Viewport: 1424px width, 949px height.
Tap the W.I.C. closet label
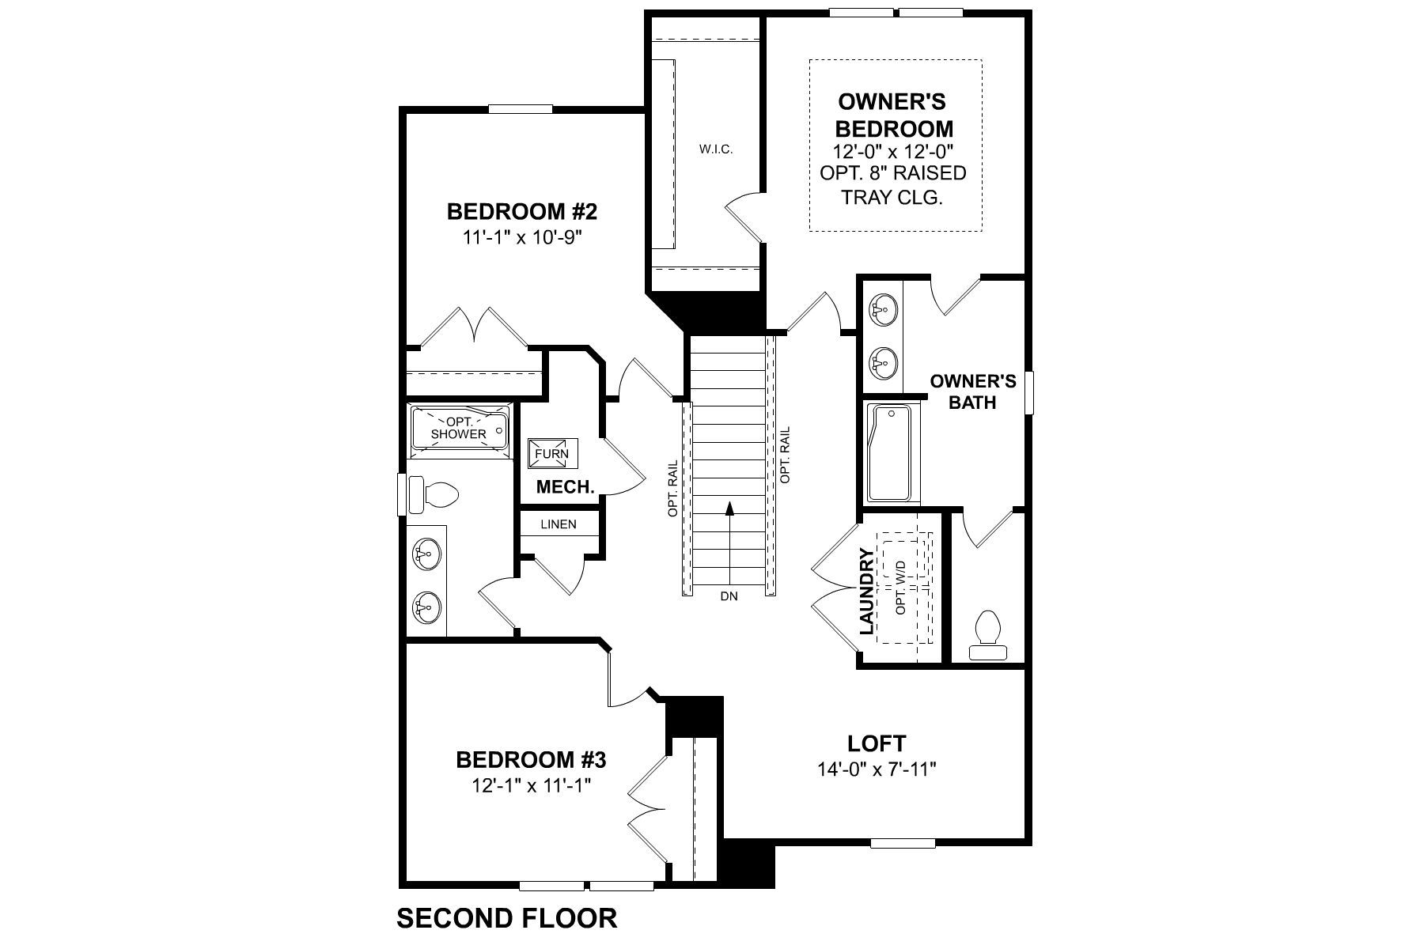716,149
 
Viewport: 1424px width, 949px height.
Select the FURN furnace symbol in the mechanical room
552,454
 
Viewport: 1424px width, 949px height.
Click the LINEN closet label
559,524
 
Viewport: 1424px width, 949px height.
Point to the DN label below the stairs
729,596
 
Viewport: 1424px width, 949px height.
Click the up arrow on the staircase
729,509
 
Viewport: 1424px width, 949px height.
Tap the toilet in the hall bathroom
434,494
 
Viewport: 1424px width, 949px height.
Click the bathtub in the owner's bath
890,453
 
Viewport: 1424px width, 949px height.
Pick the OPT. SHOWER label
459,429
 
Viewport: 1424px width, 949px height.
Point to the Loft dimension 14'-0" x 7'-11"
877,769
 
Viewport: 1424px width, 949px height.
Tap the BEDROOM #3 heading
531,760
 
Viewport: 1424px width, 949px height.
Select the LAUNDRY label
868,591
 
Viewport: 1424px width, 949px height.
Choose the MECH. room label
566,487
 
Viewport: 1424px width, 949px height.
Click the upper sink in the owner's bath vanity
883,309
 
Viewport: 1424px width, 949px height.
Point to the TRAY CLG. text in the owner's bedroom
892,198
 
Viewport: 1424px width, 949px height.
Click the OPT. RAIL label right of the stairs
786,456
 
